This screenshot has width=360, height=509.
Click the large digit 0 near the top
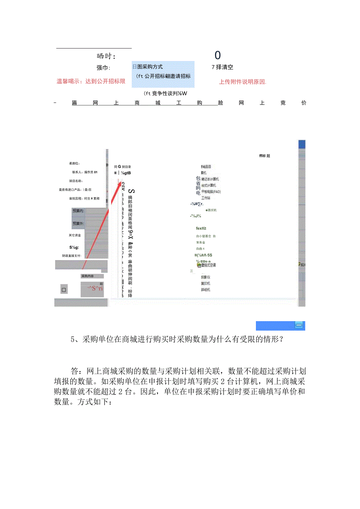pyautogui.click(x=218, y=56)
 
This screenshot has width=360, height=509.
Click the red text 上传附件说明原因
pyautogui.click(x=243, y=82)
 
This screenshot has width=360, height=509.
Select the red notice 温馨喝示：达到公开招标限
pyautogui.click(x=91, y=81)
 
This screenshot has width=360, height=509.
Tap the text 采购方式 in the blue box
pyautogui.click(x=150, y=67)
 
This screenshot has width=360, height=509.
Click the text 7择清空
pyautogui.click(x=222, y=67)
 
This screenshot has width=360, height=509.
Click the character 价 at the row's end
pyautogui.click(x=304, y=103)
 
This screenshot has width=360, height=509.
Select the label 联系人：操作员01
pyautogui.click(x=85, y=172)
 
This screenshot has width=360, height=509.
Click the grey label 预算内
pyautogui.click(x=79, y=211)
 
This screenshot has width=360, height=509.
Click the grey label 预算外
pyautogui.click(x=79, y=223)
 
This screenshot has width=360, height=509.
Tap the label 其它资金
pyautogui.click(x=75, y=235)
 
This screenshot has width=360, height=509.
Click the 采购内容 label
pyautogui.click(x=88, y=276)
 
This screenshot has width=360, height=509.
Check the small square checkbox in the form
pyautogui.click(x=64, y=290)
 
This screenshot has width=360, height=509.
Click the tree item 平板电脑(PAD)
pyautogui.click(x=211, y=192)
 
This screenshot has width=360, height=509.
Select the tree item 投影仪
pyautogui.click(x=205, y=277)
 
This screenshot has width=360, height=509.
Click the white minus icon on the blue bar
pyautogui.click(x=299, y=325)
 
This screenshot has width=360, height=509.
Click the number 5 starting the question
pyautogui.click(x=73, y=340)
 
